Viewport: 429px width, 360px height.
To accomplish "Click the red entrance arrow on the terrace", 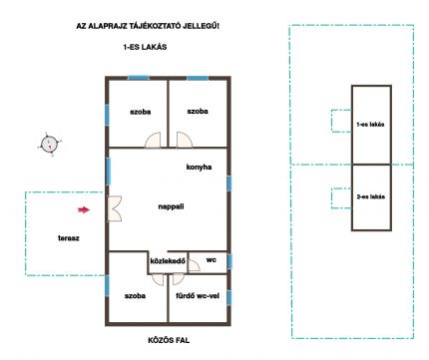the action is pos(84,209).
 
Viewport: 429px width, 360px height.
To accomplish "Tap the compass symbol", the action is pos(49,145).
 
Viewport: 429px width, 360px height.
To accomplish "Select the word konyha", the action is pos(199,168).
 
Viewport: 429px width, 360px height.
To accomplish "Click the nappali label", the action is pos(171,206).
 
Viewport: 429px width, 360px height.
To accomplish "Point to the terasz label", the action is pos(69,238).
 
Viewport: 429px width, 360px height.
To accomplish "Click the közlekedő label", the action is pos(168,261).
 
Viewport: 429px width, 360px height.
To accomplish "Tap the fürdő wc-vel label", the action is pos(198,296).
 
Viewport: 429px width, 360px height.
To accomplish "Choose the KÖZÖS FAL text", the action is pos(169,340).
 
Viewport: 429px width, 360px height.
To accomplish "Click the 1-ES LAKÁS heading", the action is pos(145,47).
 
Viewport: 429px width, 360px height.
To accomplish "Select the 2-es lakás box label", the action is pos(371,196).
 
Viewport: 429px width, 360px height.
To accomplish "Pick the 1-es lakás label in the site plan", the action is pos(370,125).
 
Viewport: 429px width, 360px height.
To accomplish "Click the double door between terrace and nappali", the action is pos(115,208).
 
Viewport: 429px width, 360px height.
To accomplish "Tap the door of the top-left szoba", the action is pos(153,141).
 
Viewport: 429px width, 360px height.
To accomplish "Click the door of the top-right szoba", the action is pos(185,141).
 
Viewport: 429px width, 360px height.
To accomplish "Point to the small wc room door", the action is pos(194,264).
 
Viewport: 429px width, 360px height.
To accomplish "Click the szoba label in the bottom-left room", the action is pos(135,296).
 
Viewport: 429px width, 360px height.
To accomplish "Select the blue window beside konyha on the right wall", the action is pos(229,183).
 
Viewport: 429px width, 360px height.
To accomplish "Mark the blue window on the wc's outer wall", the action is pos(229,261).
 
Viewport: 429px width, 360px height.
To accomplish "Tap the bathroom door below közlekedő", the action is pos(178,279).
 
